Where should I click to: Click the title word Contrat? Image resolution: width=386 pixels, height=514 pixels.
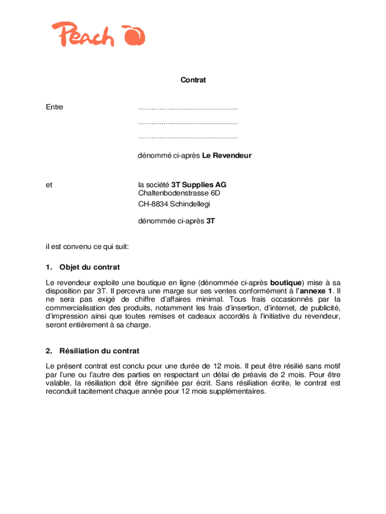click(x=193, y=80)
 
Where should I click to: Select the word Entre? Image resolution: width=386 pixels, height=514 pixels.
click(x=54, y=107)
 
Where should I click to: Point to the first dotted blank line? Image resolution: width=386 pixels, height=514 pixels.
click(x=187, y=108)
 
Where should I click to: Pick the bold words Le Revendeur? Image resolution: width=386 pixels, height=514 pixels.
click(x=227, y=156)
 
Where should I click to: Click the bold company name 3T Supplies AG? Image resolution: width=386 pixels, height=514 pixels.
click(x=199, y=185)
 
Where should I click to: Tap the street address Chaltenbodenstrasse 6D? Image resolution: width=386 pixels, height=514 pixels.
click(x=179, y=193)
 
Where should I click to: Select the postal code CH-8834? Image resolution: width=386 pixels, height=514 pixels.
click(x=153, y=204)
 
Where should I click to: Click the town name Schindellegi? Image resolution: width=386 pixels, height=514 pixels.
click(x=190, y=204)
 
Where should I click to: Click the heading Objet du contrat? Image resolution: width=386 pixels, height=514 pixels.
click(x=89, y=267)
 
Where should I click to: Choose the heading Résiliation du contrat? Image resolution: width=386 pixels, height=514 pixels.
click(x=99, y=351)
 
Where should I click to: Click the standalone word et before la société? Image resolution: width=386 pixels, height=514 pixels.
click(x=49, y=185)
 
